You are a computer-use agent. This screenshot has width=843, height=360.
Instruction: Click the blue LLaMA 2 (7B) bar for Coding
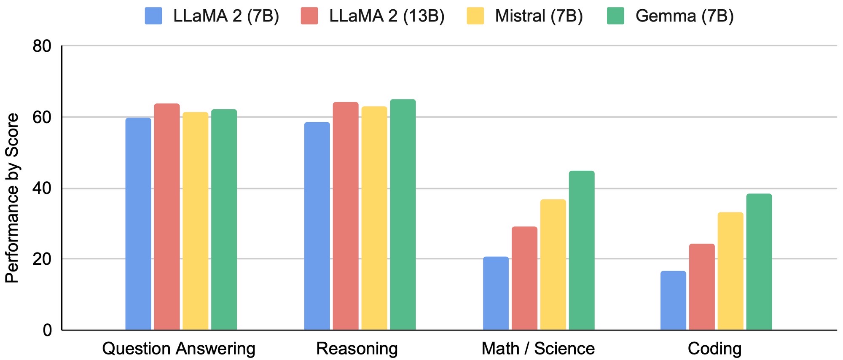pos(673,300)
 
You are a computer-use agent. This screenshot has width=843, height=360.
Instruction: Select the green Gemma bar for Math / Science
pos(582,250)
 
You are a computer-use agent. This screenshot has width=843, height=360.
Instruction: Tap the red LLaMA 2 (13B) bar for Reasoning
pos(346,216)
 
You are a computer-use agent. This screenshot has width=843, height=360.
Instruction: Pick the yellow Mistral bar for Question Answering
pos(196,221)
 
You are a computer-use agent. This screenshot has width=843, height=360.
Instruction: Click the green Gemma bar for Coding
pos(759,262)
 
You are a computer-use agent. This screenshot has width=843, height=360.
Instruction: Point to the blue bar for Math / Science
pos(496,293)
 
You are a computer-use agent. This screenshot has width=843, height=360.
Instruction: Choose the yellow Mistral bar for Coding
pos(730,271)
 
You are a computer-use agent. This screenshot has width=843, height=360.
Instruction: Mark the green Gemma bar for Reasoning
pos(403,215)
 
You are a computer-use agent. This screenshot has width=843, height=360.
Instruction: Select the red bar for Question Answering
pos(167,217)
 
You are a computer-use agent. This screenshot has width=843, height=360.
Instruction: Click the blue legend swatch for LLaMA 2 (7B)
pos(153,16)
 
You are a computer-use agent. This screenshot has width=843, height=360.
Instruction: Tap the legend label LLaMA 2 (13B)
pos(387,16)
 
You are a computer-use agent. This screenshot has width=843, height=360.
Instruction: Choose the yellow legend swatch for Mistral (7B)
pos(475,16)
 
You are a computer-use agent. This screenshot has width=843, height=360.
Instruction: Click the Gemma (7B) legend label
pos(685,16)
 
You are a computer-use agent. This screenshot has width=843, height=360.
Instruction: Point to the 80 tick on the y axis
pos(42,46)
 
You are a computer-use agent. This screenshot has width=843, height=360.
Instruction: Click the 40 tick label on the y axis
pos(42,188)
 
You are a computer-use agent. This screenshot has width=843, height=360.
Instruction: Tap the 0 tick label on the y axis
pos(47,330)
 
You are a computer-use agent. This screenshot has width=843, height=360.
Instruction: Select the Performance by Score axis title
pos(12,198)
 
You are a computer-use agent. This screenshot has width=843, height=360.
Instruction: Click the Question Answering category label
pos(179,349)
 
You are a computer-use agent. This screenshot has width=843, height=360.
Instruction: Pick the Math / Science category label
pos(538,349)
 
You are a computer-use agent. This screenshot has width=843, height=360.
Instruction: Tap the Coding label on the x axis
pos(714,349)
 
